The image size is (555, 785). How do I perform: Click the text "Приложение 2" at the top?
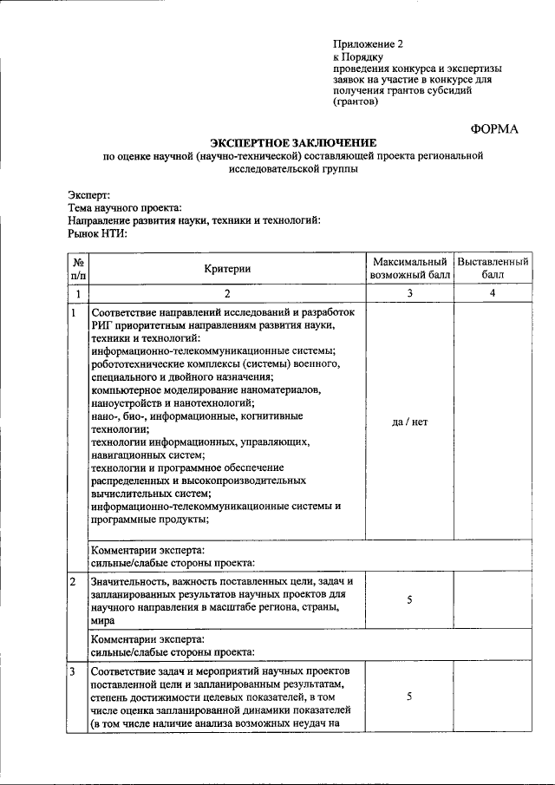tap(369, 43)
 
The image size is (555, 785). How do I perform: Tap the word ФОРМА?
tap(494, 128)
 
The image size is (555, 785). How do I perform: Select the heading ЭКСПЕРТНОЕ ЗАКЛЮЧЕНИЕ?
tap(293, 142)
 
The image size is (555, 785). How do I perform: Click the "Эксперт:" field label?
tap(89, 195)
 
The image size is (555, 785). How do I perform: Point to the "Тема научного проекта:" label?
tap(125, 208)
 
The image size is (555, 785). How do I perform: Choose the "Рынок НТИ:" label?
tap(97, 233)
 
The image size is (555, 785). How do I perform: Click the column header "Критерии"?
tap(228, 269)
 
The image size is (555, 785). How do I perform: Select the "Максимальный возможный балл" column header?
tap(409, 269)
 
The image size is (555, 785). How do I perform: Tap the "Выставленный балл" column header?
tap(493, 269)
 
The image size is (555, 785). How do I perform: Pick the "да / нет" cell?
tap(409, 422)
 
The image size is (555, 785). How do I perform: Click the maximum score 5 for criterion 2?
tap(409, 599)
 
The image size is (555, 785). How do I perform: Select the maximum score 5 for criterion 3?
tap(409, 697)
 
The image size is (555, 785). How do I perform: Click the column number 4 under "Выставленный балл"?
tap(493, 293)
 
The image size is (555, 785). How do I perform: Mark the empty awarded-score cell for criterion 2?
tap(493, 599)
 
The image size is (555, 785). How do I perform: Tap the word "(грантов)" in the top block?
tap(356, 101)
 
